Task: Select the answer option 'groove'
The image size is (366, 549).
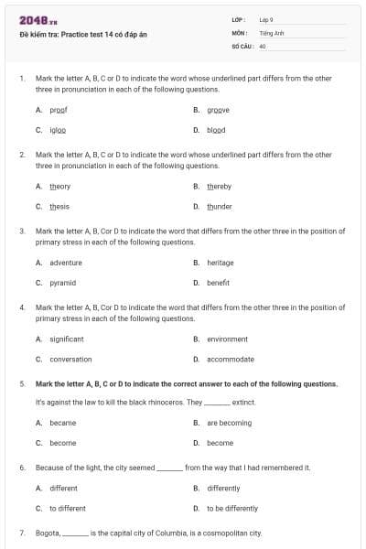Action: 217,110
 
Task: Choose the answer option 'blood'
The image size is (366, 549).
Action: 216,130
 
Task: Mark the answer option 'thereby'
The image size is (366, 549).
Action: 220,187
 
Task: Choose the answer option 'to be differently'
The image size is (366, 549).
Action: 232,508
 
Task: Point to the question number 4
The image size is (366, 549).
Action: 22,307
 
